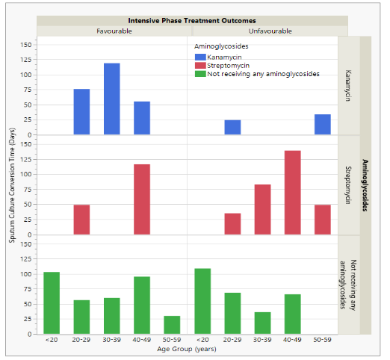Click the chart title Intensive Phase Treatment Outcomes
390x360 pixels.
192,20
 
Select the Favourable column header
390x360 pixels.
114,31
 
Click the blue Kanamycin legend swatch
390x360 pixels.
200,57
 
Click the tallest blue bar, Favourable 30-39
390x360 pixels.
112,99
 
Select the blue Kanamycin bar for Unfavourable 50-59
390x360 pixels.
322,125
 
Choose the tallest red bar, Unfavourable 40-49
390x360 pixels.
292,193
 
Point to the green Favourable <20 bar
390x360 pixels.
52,303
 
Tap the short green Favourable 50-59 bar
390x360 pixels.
172,325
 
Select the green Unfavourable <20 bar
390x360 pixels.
202,301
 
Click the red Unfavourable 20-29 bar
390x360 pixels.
232,224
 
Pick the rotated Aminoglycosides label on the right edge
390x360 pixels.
365,185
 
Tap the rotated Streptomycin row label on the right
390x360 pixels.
349,185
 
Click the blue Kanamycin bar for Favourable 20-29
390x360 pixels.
81,112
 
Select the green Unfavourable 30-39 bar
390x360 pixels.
262,323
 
